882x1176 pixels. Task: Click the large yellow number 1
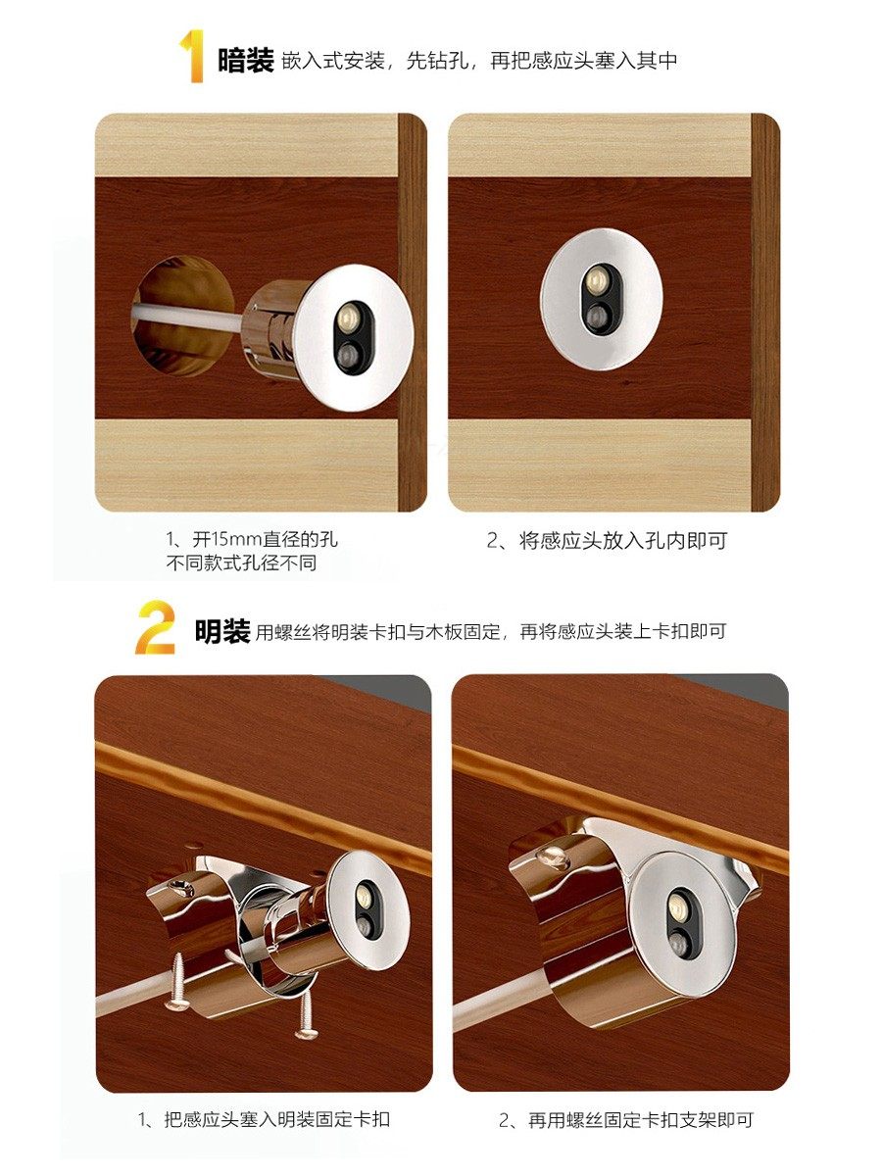(193, 56)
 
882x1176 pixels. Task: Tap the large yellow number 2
(155, 627)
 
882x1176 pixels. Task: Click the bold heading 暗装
(245, 60)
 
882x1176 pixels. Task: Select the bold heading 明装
(222, 630)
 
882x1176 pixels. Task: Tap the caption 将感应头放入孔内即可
(623, 541)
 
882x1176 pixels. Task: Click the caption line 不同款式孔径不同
(241, 563)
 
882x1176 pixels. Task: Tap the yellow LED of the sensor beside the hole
(348, 317)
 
